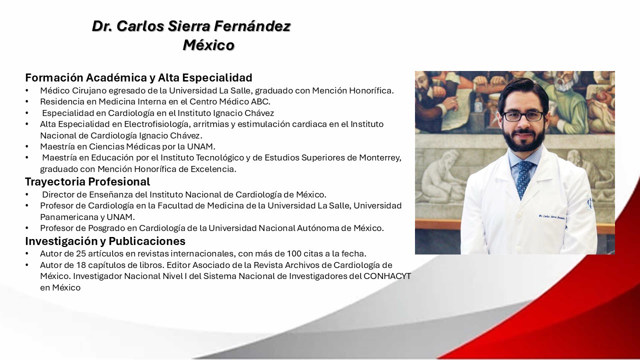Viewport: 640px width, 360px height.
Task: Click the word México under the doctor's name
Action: point(208,45)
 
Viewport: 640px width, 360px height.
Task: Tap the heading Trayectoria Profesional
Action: point(87,181)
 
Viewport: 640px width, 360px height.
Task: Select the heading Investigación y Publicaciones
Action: point(105,241)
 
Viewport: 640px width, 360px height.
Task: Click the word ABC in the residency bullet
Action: point(260,101)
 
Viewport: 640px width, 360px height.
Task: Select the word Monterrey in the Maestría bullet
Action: point(380,158)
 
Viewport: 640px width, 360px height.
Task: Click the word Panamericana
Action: point(69,217)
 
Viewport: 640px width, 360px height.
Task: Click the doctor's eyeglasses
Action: point(523,116)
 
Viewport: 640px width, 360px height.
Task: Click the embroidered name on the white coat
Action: point(551,217)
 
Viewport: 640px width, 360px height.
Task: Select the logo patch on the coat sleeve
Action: point(589,202)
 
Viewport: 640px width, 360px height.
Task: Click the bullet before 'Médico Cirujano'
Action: point(27,91)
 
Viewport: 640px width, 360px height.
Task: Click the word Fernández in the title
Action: point(251,26)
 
